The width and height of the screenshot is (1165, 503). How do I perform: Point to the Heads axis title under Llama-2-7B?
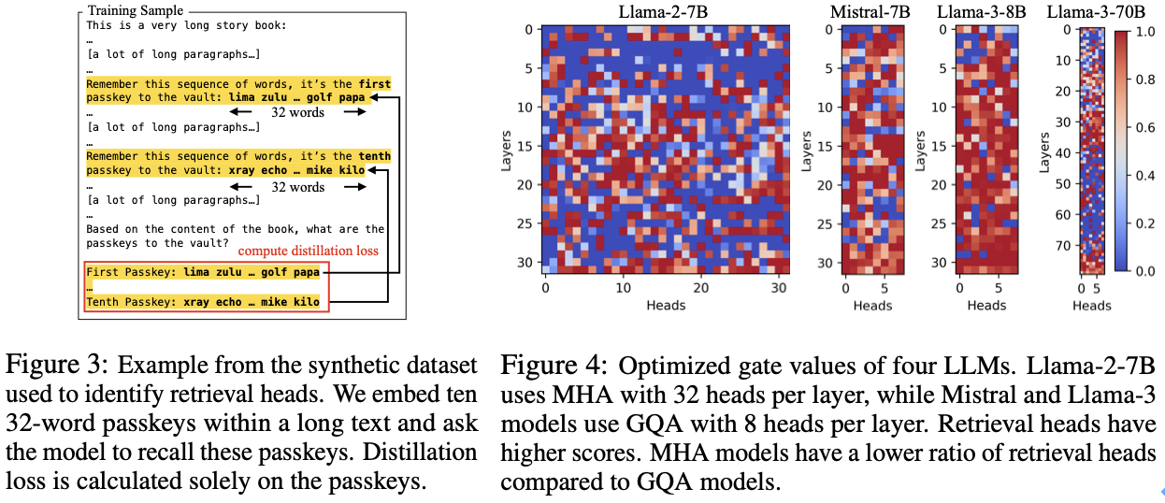coord(665,305)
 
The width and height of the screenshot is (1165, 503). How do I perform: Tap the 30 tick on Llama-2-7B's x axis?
coord(776,289)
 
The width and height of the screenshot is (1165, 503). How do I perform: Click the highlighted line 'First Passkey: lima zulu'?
coord(202,272)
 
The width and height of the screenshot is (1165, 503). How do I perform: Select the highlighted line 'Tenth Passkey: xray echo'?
coord(202,302)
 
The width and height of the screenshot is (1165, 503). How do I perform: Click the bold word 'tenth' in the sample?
coord(375,156)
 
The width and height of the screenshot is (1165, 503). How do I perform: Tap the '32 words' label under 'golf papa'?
coord(297,112)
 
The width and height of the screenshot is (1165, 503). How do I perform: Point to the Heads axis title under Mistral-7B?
coord(872,305)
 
